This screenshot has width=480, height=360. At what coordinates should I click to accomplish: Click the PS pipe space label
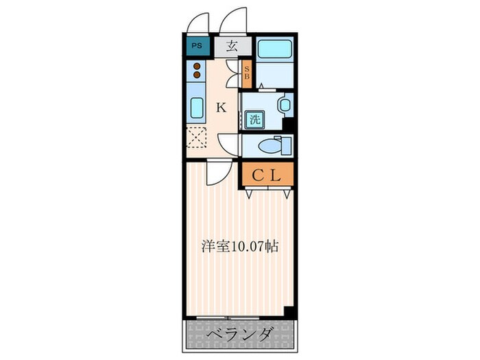(197, 47)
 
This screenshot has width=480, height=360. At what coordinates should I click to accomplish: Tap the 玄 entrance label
(232, 47)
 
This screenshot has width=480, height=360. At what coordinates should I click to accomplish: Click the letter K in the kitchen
(221, 107)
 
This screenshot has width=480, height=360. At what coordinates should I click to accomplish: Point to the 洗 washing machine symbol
(255, 118)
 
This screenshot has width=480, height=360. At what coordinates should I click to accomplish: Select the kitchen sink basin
(196, 108)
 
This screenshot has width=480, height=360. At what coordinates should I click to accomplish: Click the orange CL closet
(267, 175)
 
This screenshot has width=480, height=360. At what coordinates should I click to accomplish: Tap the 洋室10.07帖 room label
(239, 245)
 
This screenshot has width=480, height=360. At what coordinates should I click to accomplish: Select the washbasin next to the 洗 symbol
(283, 106)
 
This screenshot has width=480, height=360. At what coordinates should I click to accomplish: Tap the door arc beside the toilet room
(228, 145)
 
